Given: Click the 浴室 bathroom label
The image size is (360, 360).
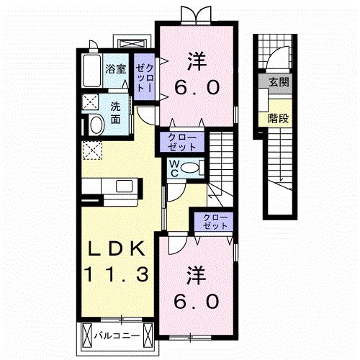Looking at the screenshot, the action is click(x=116, y=69).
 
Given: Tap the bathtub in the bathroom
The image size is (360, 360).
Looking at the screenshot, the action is click(x=91, y=71).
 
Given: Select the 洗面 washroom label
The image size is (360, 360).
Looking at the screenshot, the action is click(x=115, y=113).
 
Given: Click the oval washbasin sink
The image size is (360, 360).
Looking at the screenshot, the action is click(x=96, y=125).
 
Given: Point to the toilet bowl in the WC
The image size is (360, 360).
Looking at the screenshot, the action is click(x=190, y=168).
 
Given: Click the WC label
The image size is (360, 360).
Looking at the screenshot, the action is click(x=174, y=168).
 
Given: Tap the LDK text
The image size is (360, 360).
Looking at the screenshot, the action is click(x=117, y=248).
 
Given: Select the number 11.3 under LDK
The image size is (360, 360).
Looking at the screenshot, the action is click(x=117, y=274).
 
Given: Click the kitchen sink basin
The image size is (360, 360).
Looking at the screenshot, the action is click(x=125, y=186).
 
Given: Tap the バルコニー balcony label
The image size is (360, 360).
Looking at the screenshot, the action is click(x=117, y=336).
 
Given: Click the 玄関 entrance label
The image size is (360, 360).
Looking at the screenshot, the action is click(x=279, y=82).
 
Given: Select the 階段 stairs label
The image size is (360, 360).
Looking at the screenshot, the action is click(x=278, y=118).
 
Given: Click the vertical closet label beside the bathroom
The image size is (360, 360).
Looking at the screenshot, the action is click(x=145, y=78).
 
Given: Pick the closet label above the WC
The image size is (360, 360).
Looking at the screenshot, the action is click(x=182, y=143).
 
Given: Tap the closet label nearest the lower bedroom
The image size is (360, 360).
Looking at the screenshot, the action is click(x=215, y=222).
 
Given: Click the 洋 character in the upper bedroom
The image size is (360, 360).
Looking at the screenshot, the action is click(x=197, y=61).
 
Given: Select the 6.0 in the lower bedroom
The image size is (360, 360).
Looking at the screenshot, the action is click(x=197, y=302).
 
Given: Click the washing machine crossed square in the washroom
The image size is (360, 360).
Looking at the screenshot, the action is click(x=90, y=102).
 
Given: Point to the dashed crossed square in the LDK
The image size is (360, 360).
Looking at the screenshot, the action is click(x=92, y=150).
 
